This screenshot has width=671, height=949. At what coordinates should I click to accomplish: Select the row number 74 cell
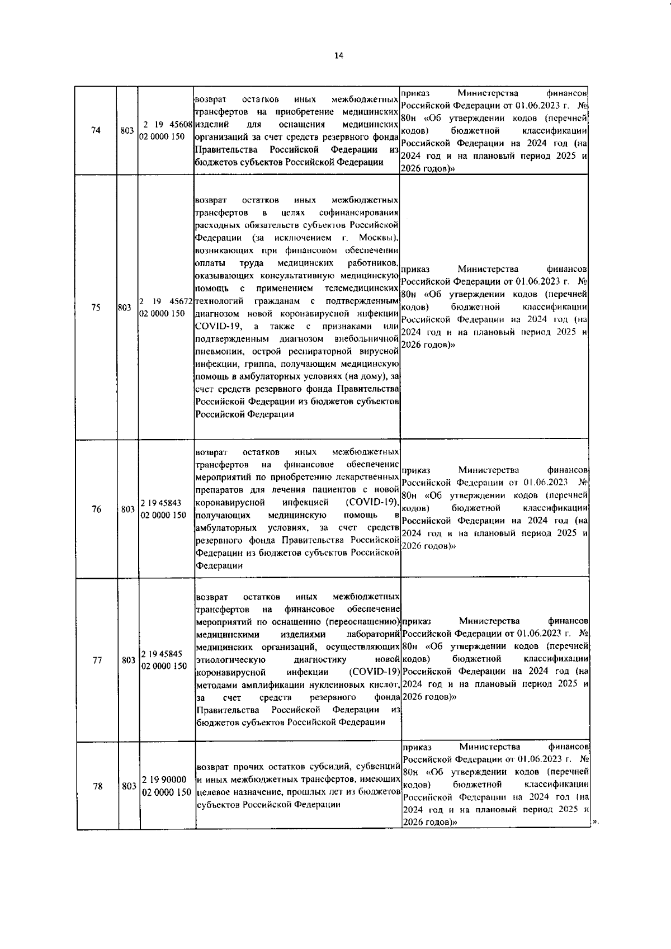click(96, 130)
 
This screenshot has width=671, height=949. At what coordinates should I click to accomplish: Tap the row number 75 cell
click(96, 307)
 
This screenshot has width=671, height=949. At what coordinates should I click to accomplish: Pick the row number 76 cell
click(96, 509)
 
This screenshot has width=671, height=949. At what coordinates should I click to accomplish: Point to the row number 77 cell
click(97, 660)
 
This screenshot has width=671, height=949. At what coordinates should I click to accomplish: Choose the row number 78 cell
click(97, 786)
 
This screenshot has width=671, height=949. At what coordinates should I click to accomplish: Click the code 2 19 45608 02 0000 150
click(166, 130)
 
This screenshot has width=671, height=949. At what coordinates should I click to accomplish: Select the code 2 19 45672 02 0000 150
click(166, 307)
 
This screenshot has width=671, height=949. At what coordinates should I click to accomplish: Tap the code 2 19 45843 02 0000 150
click(163, 508)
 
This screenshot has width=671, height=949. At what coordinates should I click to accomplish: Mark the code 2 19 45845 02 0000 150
click(164, 660)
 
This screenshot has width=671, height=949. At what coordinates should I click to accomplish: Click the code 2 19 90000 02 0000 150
click(167, 785)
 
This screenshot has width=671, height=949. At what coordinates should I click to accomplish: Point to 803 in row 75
click(126, 307)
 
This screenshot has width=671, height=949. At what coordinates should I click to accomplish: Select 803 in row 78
click(129, 786)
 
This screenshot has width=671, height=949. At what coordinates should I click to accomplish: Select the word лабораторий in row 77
click(373, 635)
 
